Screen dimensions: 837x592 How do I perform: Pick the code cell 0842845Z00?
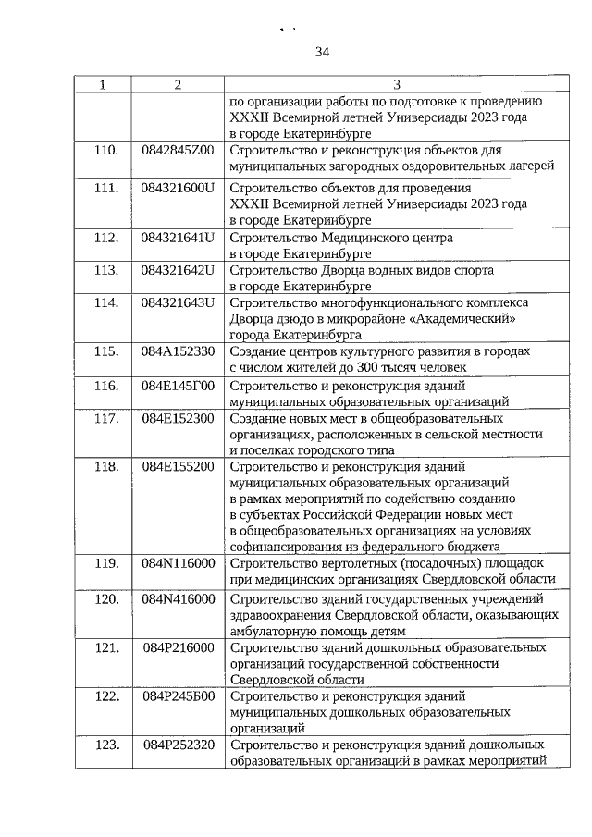point(178,150)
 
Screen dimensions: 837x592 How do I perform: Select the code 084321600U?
point(178,188)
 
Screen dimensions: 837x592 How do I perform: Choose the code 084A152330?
point(178,352)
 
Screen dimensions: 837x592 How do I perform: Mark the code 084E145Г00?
point(178,386)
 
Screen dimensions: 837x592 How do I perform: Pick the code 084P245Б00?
point(178,696)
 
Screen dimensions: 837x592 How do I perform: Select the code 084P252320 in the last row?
point(178,745)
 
